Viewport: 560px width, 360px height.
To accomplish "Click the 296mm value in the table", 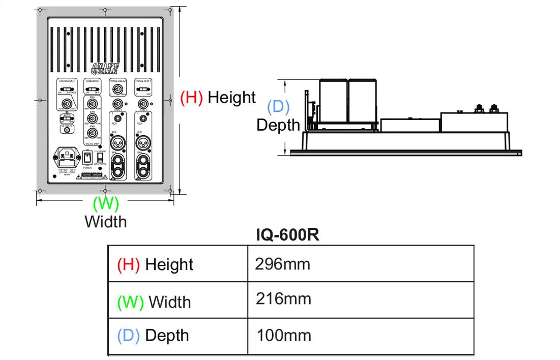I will [282, 264].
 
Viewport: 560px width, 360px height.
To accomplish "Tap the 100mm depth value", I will [284, 335].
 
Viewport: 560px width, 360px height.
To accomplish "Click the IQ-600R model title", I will [288, 235].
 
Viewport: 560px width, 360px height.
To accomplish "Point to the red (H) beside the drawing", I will [192, 97].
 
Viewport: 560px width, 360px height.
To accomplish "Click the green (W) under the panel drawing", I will [105, 204].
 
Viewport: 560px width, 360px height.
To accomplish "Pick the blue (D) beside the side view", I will [278, 107].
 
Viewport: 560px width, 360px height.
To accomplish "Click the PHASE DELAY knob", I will [117, 91].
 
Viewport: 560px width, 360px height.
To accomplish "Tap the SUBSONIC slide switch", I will [92, 91].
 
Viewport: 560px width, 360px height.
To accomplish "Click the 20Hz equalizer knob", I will [92, 104].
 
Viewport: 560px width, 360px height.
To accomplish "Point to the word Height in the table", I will [169, 264].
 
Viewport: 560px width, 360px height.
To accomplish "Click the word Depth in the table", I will [167, 336].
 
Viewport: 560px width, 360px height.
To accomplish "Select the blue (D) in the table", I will [128, 336].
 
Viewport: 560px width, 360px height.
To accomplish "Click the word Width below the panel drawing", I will [105, 222].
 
